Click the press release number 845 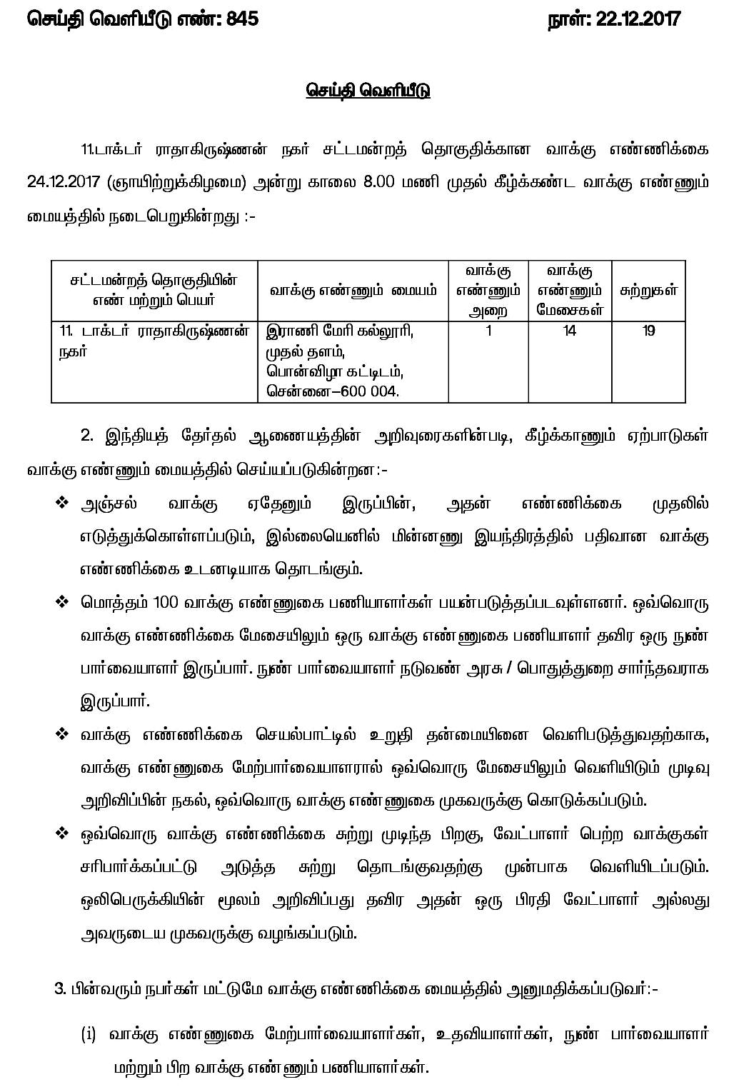pyautogui.click(x=241, y=19)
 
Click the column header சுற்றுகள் pyautogui.click(x=648, y=290)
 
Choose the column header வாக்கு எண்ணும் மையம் pyautogui.click(x=353, y=290)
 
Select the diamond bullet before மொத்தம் pyautogui.click(x=61, y=602)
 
